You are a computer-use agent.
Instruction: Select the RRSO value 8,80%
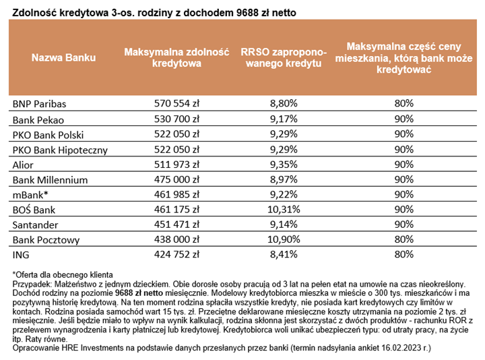[x=283, y=104]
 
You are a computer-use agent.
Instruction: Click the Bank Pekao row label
[x=38, y=119]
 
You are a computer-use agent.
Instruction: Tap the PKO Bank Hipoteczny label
[x=59, y=149]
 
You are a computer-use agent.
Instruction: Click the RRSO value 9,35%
[x=283, y=164]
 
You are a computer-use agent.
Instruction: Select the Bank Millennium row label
[x=51, y=179]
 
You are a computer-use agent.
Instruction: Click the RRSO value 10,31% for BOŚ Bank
[x=283, y=210]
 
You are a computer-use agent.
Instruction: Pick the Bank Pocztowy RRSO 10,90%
[x=283, y=239]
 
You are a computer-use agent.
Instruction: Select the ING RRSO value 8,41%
[x=283, y=255]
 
